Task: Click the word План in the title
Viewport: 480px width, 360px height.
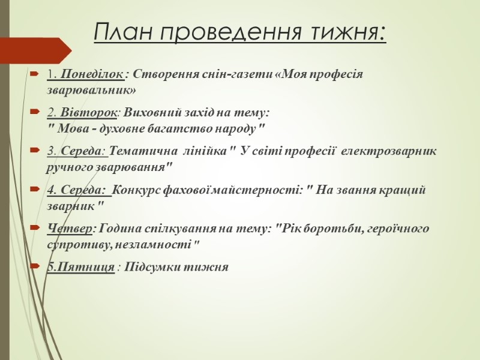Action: coord(123,31)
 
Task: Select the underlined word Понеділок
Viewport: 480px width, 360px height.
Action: coord(92,74)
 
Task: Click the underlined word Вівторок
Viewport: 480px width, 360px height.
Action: coord(88,113)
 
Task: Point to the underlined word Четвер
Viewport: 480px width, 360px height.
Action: coord(70,229)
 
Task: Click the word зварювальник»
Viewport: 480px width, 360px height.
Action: coord(91,91)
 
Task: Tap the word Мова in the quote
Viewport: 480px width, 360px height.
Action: coord(72,129)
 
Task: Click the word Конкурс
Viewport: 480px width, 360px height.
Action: coord(136,190)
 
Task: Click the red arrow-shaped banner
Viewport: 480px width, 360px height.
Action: coord(36,50)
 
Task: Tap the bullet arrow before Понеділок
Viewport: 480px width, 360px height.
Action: coord(34,74)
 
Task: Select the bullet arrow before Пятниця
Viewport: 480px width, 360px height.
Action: coord(35,266)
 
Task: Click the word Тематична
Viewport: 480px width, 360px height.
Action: coord(143,151)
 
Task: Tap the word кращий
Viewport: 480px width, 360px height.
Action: coord(402,190)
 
